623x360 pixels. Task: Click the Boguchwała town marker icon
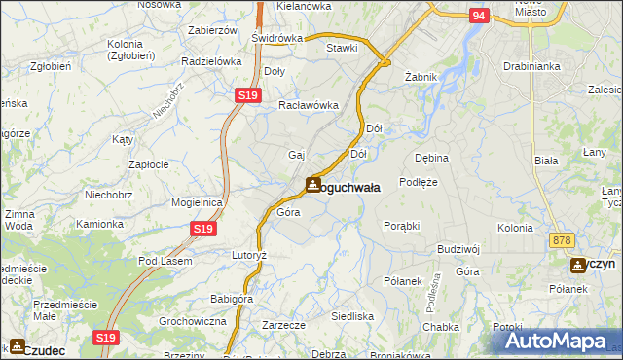click(x=312, y=185)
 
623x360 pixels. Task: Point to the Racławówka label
click(x=308, y=105)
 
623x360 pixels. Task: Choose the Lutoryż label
click(x=248, y=254)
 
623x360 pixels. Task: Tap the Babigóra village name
click(x=232, y=299)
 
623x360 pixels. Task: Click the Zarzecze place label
click(x=284, y=325)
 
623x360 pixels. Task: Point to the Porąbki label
click(x=401, y=225)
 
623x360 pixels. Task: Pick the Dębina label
click(x=431, y=157)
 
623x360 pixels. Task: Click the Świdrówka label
click(x=276, y=38)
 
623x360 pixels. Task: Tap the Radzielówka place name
click(x=211, y=60)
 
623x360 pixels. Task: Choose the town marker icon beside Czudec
click(x=18, y=346)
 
